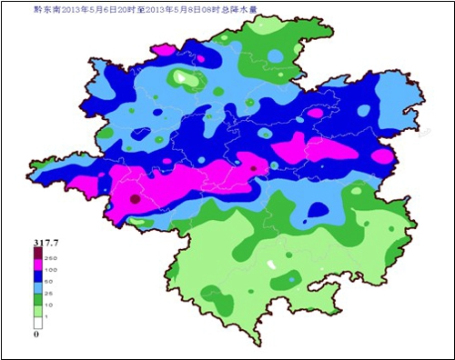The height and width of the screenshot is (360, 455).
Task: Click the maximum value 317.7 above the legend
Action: (46, 242)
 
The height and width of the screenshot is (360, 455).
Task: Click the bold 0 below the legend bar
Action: (36, 335)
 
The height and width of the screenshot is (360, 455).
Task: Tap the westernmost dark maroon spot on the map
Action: (135, 198)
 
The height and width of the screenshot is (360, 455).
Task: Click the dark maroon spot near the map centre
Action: (254, 167)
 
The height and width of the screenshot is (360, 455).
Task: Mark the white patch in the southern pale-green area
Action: (270, 264)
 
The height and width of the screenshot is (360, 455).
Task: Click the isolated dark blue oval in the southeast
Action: (318, 210)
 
